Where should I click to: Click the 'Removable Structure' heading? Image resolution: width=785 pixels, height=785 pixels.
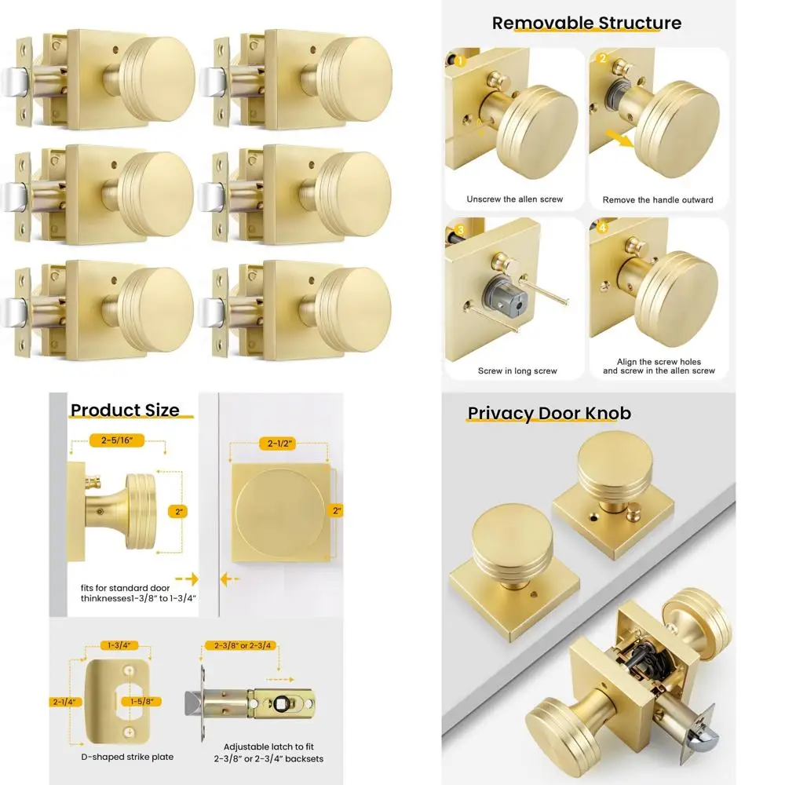click(x=586, y=23)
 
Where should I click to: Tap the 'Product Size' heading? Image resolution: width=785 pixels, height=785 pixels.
click(x=125, y=410)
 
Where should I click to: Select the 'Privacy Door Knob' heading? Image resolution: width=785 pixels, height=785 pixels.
click(x=549, y=413)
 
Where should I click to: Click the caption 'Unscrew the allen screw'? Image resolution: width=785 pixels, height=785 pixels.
click(x=514, y=199)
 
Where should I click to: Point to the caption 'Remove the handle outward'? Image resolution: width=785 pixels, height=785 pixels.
click(x=658, y=200)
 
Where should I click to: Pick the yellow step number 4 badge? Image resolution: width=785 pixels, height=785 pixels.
click(x=603, y=228)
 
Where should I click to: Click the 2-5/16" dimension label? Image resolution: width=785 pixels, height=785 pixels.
click(x=117, y=441)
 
